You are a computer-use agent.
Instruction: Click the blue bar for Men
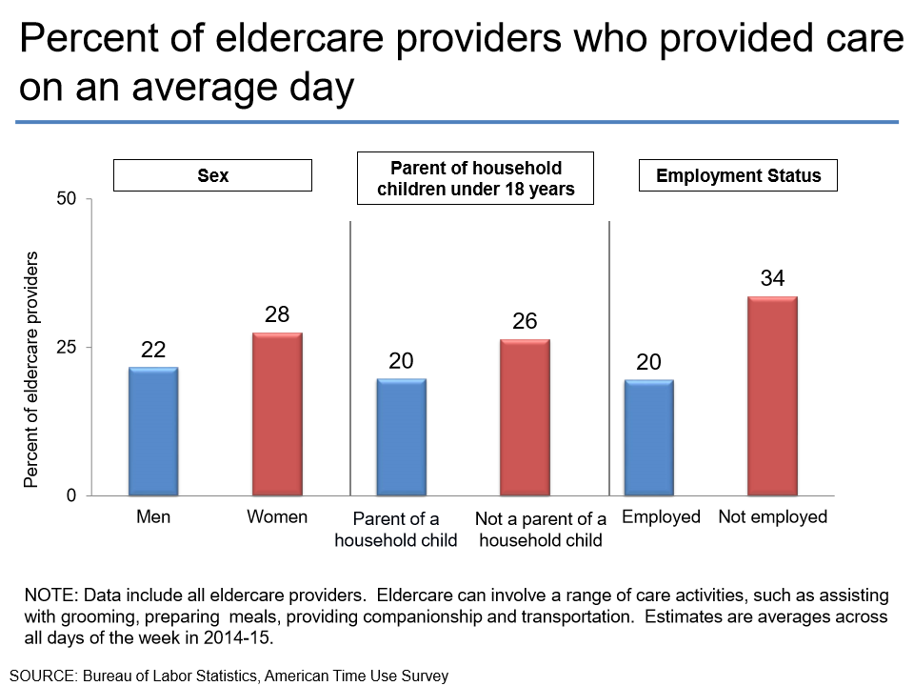[x=153, y=431]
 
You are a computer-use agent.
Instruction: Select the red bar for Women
[x=277, y=414]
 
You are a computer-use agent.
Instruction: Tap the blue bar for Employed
[x=648, y=437]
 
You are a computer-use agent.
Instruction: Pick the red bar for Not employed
[x=772, y=395]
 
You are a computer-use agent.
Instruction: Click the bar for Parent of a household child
[x=401, y=436]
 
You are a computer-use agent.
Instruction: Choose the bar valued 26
[x=525, y=417]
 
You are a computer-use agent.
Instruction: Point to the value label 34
[x=772, y=278]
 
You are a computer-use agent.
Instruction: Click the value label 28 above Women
[x=277, y=314]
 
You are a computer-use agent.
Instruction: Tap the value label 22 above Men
[x=153, y=350]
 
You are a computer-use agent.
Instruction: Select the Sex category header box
[x=212, y=175]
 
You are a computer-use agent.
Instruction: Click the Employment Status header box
[x=738, y=175]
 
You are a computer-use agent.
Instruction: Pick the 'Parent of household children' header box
[x=475, y=178]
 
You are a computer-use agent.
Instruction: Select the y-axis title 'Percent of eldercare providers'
[x=31, y=370]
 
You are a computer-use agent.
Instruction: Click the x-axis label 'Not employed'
[x=772, y=517]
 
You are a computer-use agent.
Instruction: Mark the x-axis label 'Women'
[x=277, y=517]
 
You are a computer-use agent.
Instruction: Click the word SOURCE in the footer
[x=44, y=676]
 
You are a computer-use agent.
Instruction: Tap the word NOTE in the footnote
[x=48, y=595]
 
